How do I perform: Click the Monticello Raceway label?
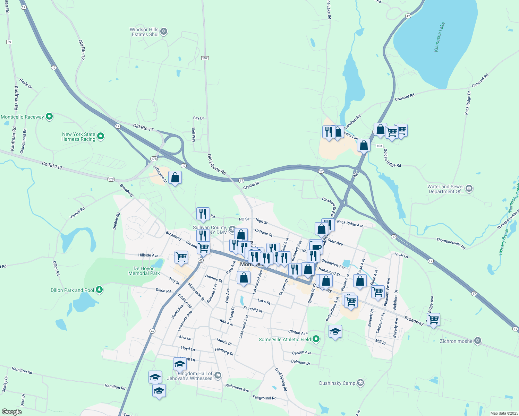pos(22,117)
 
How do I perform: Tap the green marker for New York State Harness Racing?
pos(101,136)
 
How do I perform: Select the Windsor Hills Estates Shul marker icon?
pos(164,32)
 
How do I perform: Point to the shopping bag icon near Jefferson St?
pos(175,178)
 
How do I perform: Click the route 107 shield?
pos(205,58)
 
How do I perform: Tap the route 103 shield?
pos(379,146)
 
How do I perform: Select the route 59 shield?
pos(9,42)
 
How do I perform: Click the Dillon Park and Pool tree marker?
pos(99,290)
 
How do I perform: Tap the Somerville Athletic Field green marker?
pos(316,339)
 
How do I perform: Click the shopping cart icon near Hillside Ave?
pos(181,257)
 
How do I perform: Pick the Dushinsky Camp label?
pos(337,383)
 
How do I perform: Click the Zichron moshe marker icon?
pos(477,341)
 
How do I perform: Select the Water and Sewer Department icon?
pos(469,189)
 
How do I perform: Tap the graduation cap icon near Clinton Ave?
pos(335,332)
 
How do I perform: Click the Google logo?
pos(11,412)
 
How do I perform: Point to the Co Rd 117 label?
pos(52,165)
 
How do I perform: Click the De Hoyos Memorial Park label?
pos(144,271)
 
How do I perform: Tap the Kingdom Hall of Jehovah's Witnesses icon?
pos(218,375)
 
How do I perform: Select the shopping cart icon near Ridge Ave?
pos(433,319)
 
